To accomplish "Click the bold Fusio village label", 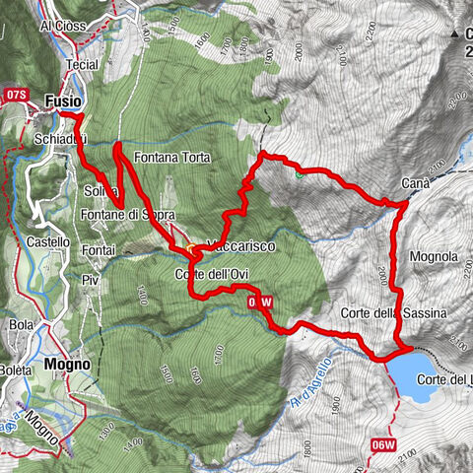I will tap(62, 100).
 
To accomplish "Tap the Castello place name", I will tap(47, 241).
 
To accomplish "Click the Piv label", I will tap(93, 280).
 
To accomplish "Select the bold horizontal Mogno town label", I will tap(67, 364).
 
